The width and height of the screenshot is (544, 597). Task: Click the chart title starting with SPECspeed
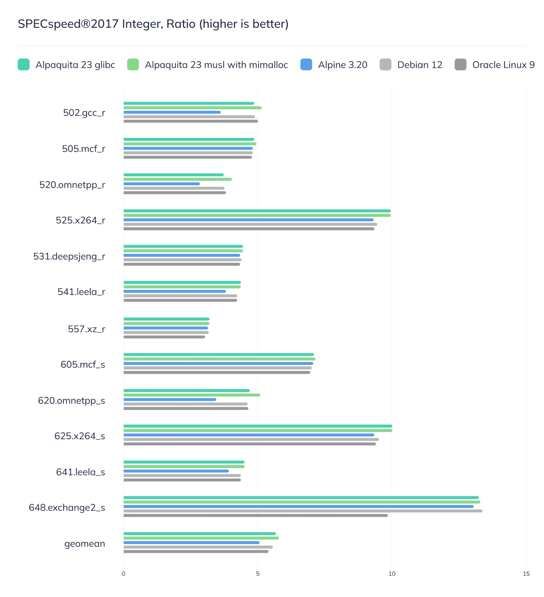[x=153, y=24]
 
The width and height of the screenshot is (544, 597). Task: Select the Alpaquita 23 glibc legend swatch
[x=24, y=65]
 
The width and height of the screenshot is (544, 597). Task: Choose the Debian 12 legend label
[x=419, y=65]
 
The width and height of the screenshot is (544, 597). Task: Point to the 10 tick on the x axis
[x=392, y=574]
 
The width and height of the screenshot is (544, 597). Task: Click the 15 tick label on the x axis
[x=526, y=574]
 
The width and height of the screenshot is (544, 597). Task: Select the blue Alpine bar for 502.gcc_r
[x=172, y=112]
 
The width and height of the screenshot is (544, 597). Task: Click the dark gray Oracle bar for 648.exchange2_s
[x=255, y=515]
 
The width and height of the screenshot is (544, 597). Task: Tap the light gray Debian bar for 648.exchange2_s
[x=303, y=511]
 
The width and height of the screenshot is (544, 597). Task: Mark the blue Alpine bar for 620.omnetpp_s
[x=170, y=399]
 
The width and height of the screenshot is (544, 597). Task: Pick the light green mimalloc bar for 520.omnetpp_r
[x=177, y=179]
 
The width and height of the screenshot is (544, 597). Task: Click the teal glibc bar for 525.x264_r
[x=257, y=211]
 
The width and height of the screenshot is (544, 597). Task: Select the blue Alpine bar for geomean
[x=191, y=542]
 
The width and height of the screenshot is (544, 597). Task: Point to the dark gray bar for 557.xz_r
[x=164, y=337]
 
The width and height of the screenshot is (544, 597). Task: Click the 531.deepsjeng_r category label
[x=69, y=256]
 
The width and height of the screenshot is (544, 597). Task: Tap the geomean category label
[x=85, y=544]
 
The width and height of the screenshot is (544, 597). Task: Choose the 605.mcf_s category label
[x=83, y=364]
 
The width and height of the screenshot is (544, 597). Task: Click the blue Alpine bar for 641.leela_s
[x=176, y=471]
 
